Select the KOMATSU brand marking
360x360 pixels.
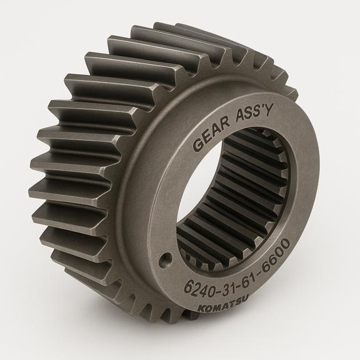(x=222, y=304)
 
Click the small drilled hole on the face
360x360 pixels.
(x=166, y=259)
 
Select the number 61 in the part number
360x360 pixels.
(x=250, y=274)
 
